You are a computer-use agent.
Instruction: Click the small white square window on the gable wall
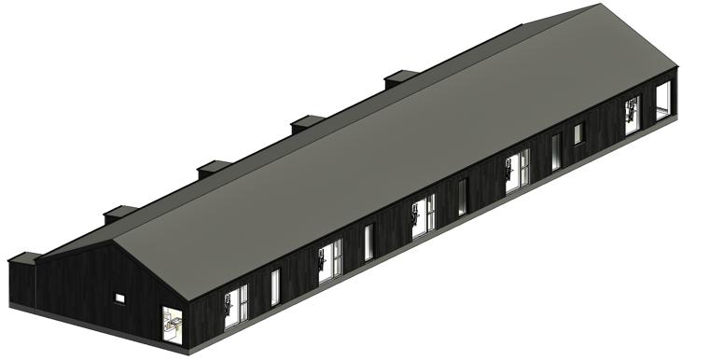point(119,298)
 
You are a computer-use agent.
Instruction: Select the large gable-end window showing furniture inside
point(172,324)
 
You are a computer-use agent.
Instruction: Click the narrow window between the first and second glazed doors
point(275,287)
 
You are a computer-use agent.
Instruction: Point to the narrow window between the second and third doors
point(369,242)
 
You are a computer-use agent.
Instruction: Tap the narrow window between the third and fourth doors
point(462,197)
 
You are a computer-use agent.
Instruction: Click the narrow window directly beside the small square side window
point(556,151)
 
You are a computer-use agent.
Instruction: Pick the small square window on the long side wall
point(578,133)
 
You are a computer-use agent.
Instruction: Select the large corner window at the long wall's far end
point(663,99)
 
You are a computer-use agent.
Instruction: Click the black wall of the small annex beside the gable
point(21,284)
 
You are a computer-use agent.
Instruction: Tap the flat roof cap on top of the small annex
point(23,256)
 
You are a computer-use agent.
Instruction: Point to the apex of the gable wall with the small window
point(115,242)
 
